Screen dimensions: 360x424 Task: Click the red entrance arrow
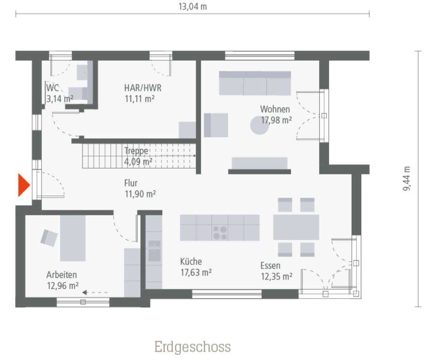(x=23, y=185)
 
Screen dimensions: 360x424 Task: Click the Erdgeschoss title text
(x=192, y=347)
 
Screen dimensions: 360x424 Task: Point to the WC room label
(x=52, y=89)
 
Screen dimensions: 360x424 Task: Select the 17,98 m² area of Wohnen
(x=276, y=120)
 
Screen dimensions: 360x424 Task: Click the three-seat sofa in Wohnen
(x=255, y=83)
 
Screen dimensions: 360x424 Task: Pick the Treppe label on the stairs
(x=136, y=150)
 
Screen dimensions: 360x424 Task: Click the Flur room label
(x=130, y=183)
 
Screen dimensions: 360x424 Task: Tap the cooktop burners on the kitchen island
(x=220, y=233)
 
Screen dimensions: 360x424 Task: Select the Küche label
(x=191, y=262)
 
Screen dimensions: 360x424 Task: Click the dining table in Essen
(x=296, y=227)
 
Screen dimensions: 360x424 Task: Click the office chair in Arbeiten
(x=49, y=237)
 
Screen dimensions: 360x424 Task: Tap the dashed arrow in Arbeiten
(x=95, y=292)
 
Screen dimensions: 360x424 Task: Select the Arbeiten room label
(x=62, y=275)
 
